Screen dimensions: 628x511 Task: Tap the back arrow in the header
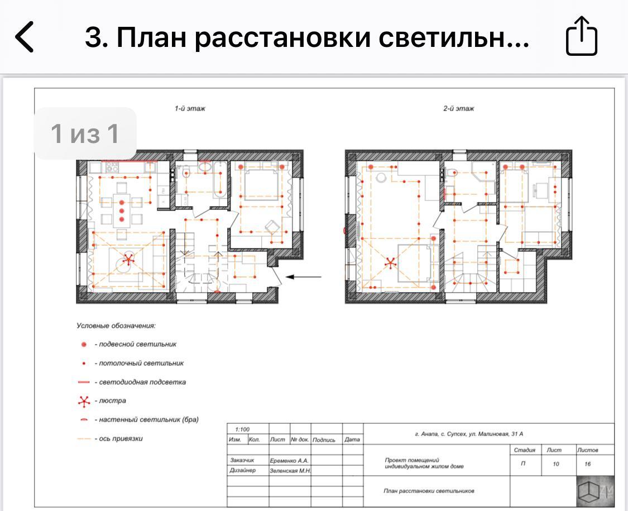pos(24,37)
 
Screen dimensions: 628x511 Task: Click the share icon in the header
pos(582,36)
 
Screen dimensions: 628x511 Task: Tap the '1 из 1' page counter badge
pos(85,133)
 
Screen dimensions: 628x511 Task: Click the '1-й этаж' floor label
pos(190,108)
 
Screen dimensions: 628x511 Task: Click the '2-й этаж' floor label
pos(459,108)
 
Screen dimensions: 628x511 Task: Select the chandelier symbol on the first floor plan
pos(128,260)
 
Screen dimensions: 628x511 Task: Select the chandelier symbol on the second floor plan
pos(390,263)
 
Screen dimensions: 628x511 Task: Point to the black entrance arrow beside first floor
pos(304,276)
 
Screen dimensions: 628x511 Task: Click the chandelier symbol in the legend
pos(84,401)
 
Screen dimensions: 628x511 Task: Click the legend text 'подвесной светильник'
pos(138,344)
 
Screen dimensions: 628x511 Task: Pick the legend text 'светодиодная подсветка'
pos(142,382)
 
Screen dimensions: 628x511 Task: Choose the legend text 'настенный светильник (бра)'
pos(148,419)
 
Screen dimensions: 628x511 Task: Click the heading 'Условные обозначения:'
pos(116,326)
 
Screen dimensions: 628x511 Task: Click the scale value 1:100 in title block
pos(242,429)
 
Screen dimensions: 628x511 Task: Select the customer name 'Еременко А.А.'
pos(289,461)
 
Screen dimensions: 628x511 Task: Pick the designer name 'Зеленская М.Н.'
pos(290,471)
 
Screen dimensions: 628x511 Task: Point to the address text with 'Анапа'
pos(469,433)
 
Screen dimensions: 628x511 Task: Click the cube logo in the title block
pos(595,491)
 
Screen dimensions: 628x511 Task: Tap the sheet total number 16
pos(588,464)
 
